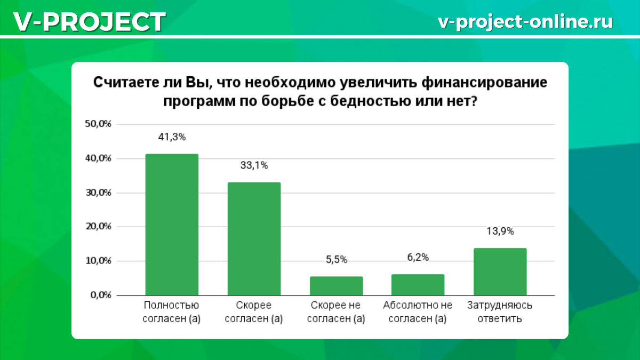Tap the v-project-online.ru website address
[x=525, y=21]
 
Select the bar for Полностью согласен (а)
[x=172, y=225]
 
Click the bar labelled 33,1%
[x=254, y=238]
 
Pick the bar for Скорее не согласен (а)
[x=336, y=286]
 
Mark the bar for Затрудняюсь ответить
[x=500, y=271]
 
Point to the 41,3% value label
[x=172, y=137]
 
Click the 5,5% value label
[x=336, y=260]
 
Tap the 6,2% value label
[x=418, y=257]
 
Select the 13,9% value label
[x=500, y=231]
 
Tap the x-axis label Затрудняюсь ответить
[x=500, y=313]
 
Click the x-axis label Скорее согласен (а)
[x=254, y=313]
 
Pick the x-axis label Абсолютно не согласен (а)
[x=418, y=313]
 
